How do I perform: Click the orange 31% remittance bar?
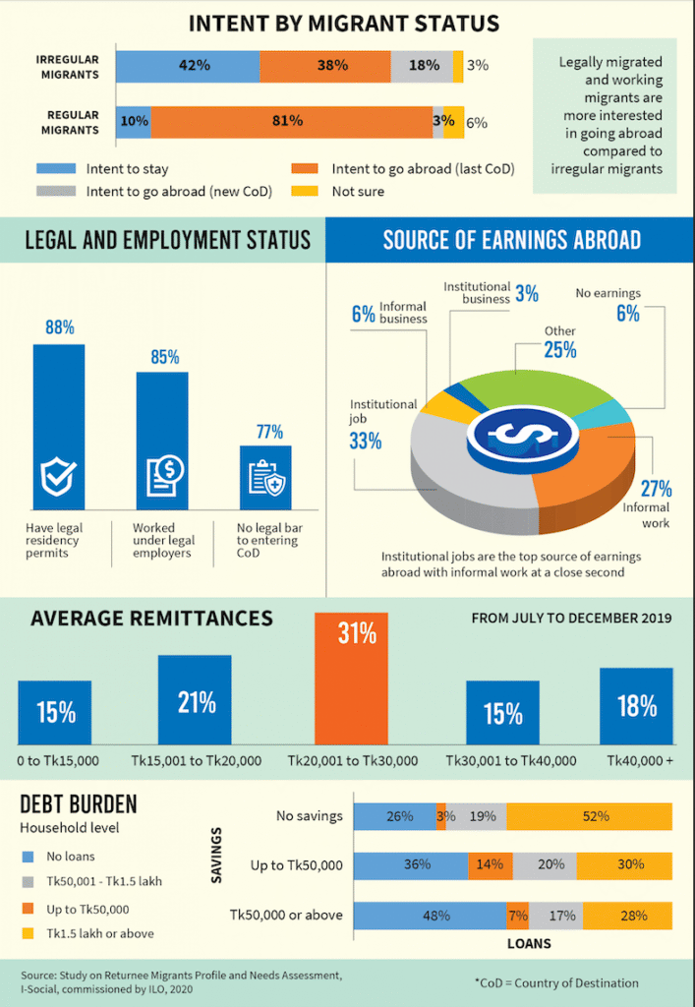(351, 678)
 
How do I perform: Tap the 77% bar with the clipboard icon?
(265, 477)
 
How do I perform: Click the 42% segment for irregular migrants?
(188, 65)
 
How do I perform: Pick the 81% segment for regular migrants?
(291, 121)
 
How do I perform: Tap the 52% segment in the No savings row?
(590, 816)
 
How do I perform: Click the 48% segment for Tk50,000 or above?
(430, 916)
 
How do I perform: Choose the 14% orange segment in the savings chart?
(489, 864)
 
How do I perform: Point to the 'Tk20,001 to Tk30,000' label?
(352, 760)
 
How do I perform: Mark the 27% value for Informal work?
(655, 489)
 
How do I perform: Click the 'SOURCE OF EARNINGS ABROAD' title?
(511, 240)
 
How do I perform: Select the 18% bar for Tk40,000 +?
(636, 705)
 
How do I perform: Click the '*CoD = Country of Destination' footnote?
(556, 982)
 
